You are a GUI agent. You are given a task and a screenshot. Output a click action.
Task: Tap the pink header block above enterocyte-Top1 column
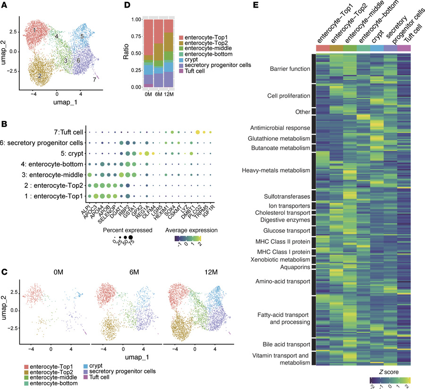click(323, 48)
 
